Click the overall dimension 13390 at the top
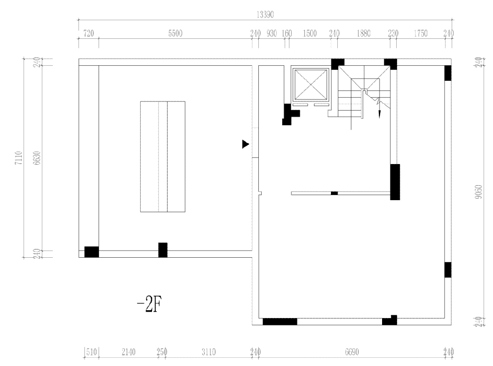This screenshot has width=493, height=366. [x=265, y=15]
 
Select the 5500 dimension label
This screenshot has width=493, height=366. [x=175, y=33]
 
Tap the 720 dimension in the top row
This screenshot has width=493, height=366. [x=89, y=33]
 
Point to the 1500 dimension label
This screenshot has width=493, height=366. [x=309, y=33]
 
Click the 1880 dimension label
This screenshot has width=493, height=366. [x=363, y=33]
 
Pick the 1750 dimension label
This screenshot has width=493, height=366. [x=420, y=33]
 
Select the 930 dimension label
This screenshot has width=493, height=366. [x=272, y=33]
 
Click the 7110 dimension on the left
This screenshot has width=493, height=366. [x=19, y=158]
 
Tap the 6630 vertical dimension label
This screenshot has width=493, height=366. [x=37, y=158]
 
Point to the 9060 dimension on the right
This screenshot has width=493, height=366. [x=478, y=191]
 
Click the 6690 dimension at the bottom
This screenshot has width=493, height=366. [x=351, y=352]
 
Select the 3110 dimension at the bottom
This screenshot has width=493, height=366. [x=209, y=352]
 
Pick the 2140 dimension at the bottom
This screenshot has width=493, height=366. [x=128, y=352]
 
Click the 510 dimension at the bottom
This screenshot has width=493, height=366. [x=91, y=352]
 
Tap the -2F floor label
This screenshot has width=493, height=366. [x=149, y=305]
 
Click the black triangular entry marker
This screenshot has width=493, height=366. [x=245, y=144]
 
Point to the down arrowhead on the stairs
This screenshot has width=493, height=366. [x=379, y=115]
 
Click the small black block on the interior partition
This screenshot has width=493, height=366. [x=334, y=193]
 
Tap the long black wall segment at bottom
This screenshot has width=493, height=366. [x=280, y=322]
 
